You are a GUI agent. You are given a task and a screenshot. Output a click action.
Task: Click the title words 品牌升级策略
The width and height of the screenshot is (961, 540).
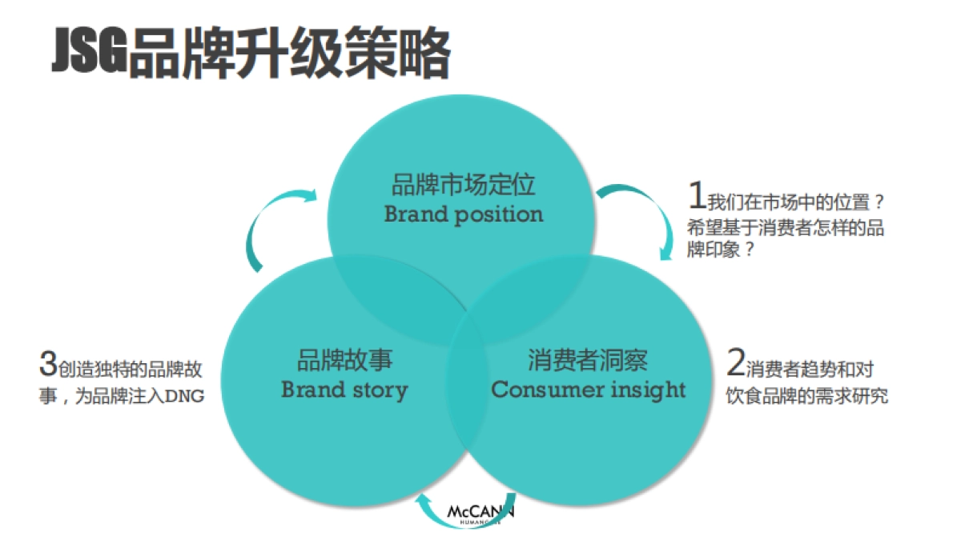(x=289, y=55)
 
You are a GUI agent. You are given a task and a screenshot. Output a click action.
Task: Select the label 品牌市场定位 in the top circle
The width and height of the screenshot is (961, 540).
(x=463, y=186)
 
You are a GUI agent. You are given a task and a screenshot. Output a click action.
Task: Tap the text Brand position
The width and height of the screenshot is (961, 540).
(x=463, y=214)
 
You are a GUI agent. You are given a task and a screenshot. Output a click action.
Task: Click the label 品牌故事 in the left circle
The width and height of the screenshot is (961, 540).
(x=344, y=361)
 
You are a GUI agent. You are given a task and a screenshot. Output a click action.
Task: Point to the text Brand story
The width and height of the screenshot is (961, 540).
(x=344, y=390)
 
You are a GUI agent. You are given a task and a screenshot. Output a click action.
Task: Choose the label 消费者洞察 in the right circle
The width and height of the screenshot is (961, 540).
(x=588, y=361)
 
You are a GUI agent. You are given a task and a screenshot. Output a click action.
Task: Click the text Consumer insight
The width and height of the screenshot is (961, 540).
(x=588, y=390)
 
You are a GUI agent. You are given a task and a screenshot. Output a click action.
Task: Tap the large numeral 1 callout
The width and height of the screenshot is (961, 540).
(x=697, y=195)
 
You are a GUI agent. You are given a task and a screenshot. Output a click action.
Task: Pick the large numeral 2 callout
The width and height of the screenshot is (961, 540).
(x=735, y=364)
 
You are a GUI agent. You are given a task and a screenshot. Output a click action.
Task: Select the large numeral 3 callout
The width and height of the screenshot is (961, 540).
(x=47, y=364)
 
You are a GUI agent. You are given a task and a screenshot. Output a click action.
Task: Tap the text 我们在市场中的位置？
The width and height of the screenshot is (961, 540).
(x=797, y=199)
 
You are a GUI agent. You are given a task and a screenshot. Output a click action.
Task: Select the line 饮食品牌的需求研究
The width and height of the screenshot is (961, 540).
(x=806, y=396)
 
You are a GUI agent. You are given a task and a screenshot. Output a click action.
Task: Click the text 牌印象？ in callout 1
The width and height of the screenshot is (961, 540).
(x=721, y=250)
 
